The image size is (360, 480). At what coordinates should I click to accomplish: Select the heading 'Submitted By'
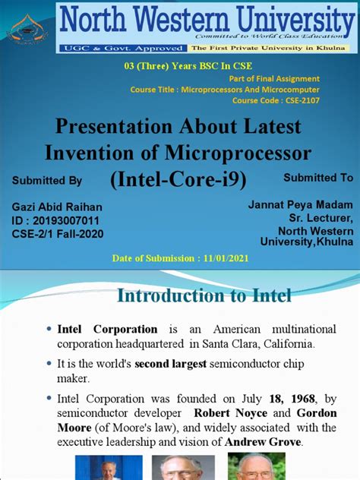click(47, 180)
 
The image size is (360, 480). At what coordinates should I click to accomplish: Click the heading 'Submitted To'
click(318, 177)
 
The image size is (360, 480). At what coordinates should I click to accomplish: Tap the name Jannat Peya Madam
click(300, 205)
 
